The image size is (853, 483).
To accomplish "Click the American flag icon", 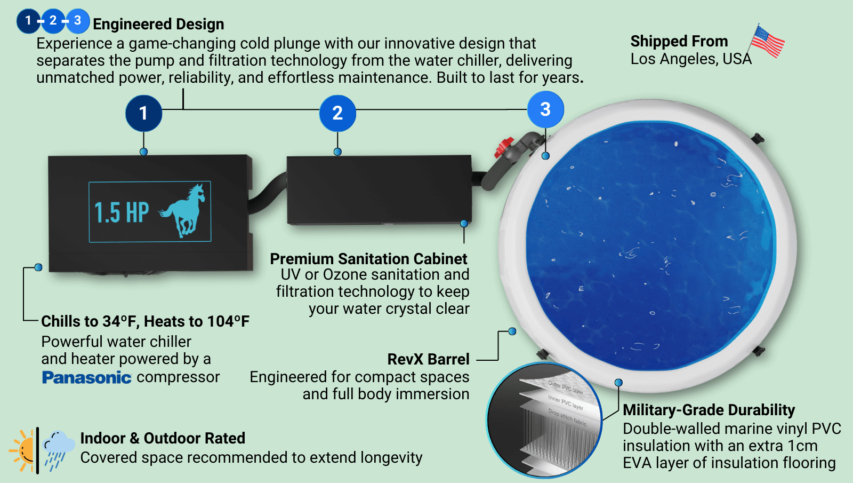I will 767,41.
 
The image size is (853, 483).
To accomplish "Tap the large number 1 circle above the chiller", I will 143,113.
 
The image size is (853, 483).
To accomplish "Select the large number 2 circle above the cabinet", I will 337,113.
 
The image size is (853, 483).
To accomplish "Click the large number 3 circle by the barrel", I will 545,109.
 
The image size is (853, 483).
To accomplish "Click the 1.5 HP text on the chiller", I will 122,212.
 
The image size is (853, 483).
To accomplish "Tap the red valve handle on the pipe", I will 503,147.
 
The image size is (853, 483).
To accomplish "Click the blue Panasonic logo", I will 86,377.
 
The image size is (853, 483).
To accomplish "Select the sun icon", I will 23,450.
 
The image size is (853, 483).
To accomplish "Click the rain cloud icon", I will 58,448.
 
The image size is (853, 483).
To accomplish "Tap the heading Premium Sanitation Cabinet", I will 368,259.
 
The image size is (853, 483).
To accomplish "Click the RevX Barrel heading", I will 428,359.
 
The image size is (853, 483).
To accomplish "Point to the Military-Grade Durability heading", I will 709,410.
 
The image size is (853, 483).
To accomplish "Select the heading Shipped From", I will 679,41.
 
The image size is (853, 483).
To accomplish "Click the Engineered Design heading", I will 158,24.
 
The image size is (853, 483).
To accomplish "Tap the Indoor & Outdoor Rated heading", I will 163,438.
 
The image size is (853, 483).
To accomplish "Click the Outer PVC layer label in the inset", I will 566,387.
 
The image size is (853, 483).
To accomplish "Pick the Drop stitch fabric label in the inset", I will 567,417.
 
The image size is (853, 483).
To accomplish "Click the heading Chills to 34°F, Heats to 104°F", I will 145,321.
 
